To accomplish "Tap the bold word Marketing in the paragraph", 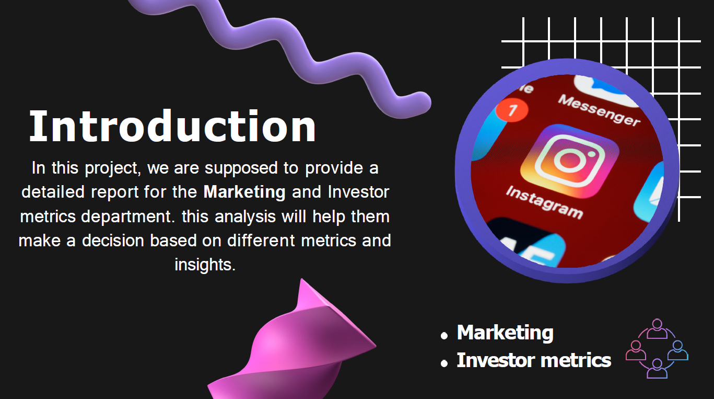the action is click(x=244, y=192).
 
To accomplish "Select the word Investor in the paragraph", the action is click(x=359, y=192).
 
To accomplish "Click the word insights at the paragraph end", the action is click(x=205, y=265).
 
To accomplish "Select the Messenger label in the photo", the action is click(x=599, y=110).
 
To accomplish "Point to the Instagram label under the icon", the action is click(x=544, y=202).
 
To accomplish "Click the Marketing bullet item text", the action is click(x=505, y=333).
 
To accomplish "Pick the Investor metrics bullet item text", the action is click(x=534, y=360).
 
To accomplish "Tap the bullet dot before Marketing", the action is click(x=444, y=336).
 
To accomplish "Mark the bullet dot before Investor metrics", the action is click(x=444, y=363).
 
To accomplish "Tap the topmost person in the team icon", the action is click(x=657, y=329).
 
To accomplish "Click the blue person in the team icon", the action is click(x=677, y=350).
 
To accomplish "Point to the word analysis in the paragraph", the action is click(x=245, y=216).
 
